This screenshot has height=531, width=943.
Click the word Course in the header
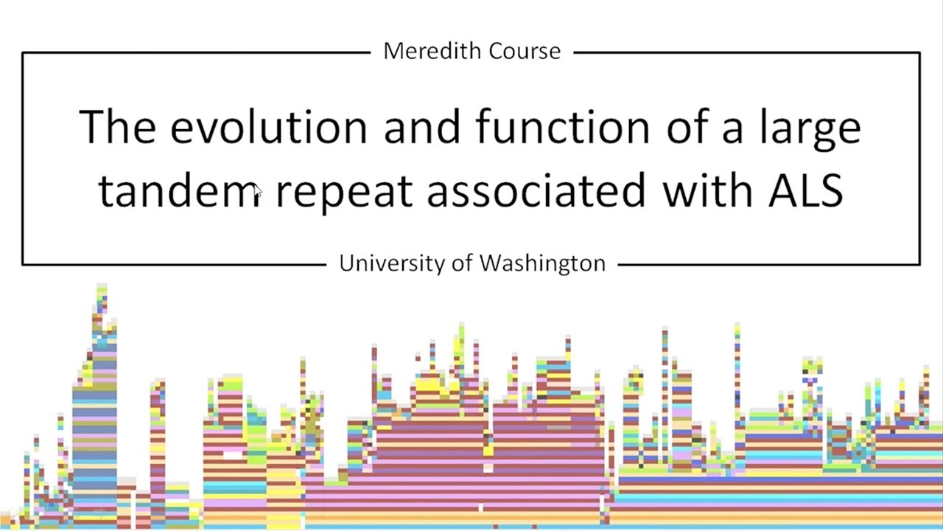point(525,51)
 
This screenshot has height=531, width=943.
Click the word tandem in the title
point(180,190)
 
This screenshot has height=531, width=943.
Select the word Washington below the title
point(542,263)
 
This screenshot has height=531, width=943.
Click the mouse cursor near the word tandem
point(257,192)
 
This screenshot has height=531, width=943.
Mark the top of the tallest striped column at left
point(102,286)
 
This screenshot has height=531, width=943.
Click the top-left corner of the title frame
point(23,53)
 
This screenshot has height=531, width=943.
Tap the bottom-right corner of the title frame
point(919,263)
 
